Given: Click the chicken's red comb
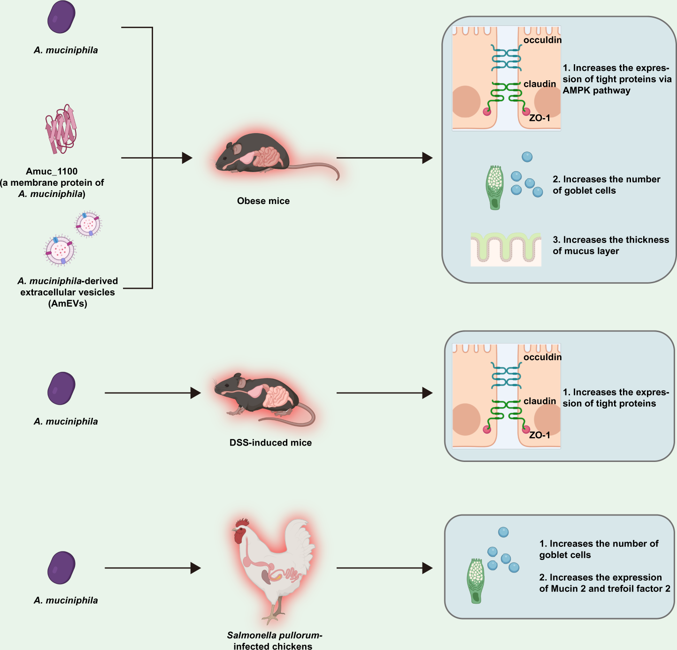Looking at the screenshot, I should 242,522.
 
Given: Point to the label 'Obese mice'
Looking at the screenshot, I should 263,201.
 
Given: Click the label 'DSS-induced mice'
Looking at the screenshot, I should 270,443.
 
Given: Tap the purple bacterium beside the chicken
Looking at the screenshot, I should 61,567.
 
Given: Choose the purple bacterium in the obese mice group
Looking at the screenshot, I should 61,17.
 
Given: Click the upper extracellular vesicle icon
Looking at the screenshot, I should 88,224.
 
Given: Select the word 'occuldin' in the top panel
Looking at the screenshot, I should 542,40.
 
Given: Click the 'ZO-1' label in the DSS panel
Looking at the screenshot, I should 539,435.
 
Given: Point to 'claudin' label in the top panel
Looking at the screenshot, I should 540,84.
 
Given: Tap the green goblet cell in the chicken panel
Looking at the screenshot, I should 476,581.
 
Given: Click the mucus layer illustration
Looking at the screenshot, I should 506,249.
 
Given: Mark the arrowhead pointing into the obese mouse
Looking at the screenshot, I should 187,158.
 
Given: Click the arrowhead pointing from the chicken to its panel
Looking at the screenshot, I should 427,568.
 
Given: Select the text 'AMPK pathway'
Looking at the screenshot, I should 596,91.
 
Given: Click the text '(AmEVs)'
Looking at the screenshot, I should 68,303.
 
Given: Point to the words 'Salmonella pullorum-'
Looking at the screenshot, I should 275,635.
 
